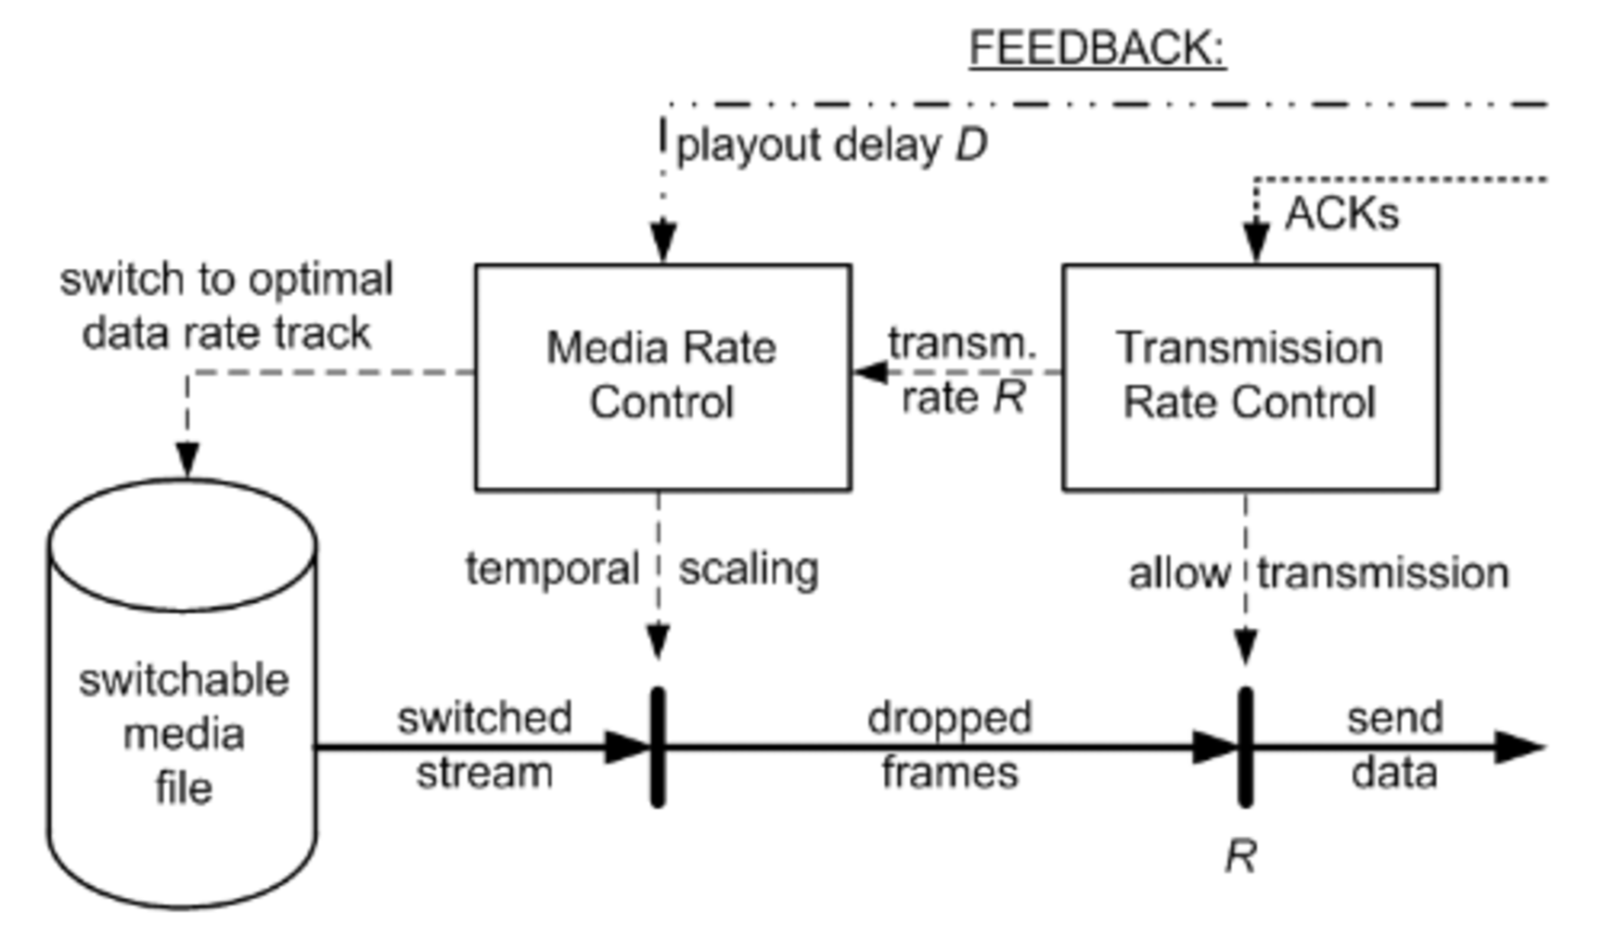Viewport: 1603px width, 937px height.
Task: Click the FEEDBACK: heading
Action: click(x=1096, y=48)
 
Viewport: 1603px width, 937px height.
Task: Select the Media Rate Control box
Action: click(x=662, y=377)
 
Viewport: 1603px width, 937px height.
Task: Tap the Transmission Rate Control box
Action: click(x=1250, y=377)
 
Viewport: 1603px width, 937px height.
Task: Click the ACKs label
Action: click(x=1341, y=214)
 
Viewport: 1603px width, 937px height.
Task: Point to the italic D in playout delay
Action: click(x=971, y=146)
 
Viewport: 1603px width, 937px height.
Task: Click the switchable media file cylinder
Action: click(x=183, y=733)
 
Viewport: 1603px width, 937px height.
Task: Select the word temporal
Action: click(x=552, y=569)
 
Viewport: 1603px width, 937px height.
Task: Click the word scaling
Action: click(x=749, y=569)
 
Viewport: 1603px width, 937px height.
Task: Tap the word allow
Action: click(x=1178, y=573)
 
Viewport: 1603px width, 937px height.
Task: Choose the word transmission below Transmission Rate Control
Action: click(x=1383, y=573)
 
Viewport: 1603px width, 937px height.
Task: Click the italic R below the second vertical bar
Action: click(x=1240, y=856)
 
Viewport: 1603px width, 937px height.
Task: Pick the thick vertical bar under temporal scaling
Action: click(x=658, y=747)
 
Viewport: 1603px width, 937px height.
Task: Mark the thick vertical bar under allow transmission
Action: click(x=1245, y=747)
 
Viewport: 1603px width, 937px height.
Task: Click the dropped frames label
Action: click(x=949, y=745)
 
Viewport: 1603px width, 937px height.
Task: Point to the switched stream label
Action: click(x=484, y=745)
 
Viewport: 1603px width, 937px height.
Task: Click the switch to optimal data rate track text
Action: click(x=226, y=306)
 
